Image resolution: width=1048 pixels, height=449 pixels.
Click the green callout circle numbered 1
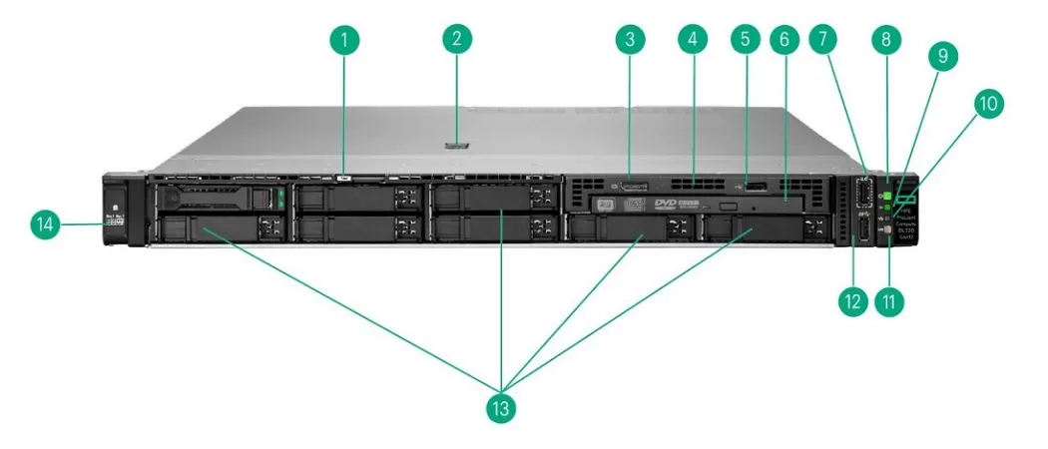[344, 41]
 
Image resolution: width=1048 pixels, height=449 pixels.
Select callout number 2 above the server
[457, 41]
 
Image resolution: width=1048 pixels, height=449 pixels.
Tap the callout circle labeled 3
[630, 41]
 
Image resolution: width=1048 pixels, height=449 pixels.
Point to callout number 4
[691, 41]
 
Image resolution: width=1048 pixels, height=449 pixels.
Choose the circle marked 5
[744, 41]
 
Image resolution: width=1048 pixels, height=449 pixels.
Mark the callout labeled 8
[885, 41]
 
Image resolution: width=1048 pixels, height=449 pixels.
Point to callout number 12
[851, 300]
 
